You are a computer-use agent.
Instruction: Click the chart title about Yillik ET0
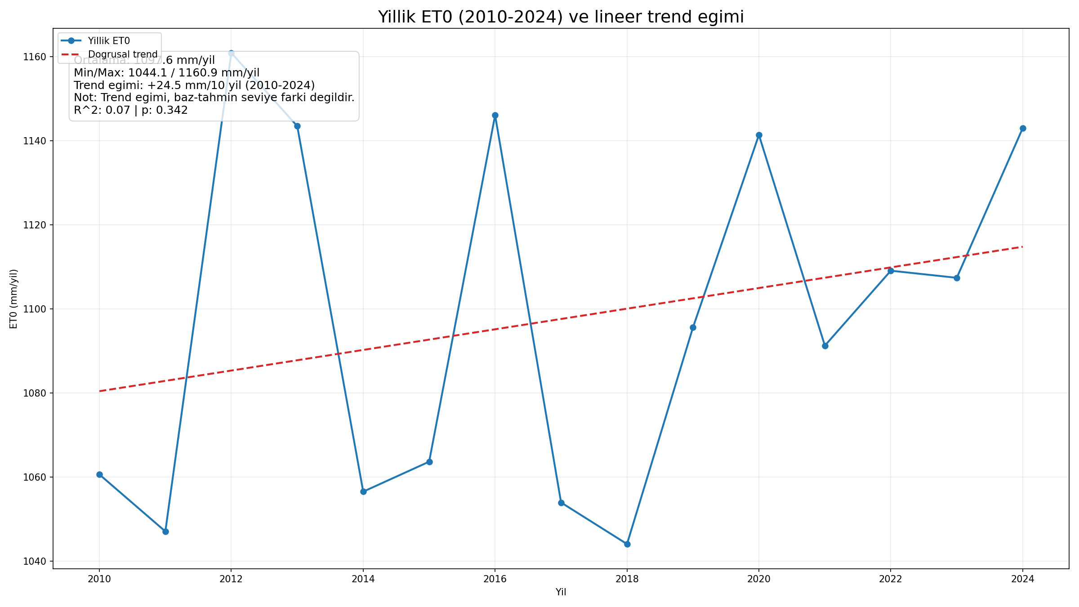[x=561, y=17]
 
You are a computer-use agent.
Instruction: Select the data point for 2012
[x=231, y=53]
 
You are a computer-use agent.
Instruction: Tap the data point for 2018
[x=627, y=544]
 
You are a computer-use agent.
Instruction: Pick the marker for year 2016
[x=495, y=115]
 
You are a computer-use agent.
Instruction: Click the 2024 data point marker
[x=1023, y=128]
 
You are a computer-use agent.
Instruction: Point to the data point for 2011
[x=165, y=531]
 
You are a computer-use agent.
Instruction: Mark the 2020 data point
[x=759, y=135]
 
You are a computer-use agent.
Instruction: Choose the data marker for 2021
[x=825, y=346]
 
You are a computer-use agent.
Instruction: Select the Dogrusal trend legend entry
[x=123, y=54]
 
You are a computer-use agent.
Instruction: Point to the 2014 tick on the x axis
[x=363, y=579]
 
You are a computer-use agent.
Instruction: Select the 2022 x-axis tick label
[x=891, y=579]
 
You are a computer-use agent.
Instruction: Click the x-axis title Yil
[x=561, y=592]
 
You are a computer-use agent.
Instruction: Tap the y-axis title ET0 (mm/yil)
[x=14, y=299]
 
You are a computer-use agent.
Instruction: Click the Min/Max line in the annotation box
[x=166, y=73]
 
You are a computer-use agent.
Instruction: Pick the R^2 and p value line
[x=130, y=110]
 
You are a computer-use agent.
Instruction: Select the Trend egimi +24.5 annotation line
[x=194, y=85]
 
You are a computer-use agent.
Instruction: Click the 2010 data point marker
[x=99, y=474]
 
